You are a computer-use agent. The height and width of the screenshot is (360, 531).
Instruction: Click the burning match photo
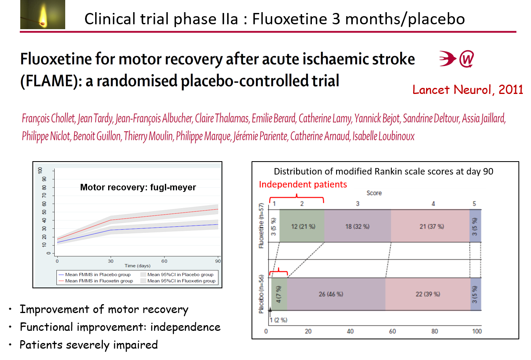coord(43,15)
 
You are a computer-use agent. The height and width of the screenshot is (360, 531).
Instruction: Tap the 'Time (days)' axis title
coord(137,266)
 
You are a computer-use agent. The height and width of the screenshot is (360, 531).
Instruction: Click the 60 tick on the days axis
coord(164,260)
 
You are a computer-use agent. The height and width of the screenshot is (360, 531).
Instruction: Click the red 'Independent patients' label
coord(303,185)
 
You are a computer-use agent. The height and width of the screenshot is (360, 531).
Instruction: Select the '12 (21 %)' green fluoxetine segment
coord(302,226)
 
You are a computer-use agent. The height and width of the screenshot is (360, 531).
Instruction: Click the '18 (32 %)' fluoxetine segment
coord(357,226)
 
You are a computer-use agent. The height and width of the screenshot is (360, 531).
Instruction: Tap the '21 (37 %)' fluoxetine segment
coord(432,226)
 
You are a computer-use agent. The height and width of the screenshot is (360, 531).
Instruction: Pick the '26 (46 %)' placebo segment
coord(331,294)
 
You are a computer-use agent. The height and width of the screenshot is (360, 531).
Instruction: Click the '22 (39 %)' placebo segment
coord(428,294)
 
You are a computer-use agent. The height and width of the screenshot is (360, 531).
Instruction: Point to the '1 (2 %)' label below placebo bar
coord(278,320)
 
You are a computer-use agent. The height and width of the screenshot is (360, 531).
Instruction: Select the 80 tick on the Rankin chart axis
coord(435,331)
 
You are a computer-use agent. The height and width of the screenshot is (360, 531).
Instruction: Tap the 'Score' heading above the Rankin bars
coord(374,193)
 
